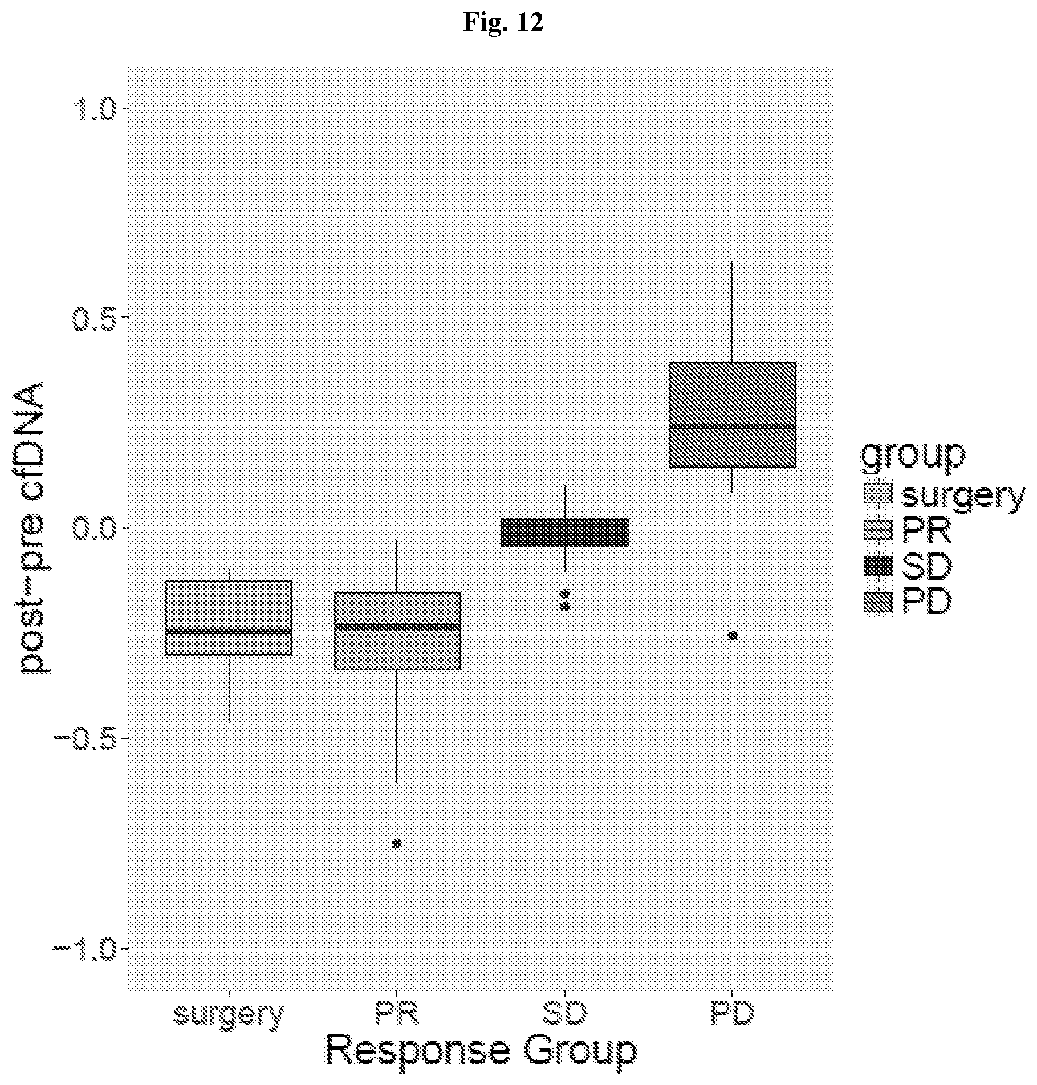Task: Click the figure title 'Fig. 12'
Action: (x=503, y=23)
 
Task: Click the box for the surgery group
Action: (x=228, y=618)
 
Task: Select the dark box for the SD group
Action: (x=564, y=533)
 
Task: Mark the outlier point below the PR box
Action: (x=396, y=844)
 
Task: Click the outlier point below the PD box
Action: (x=733, y=636)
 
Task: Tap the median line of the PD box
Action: (x=732, y=426)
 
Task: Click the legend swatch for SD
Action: (x=877, y=566)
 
